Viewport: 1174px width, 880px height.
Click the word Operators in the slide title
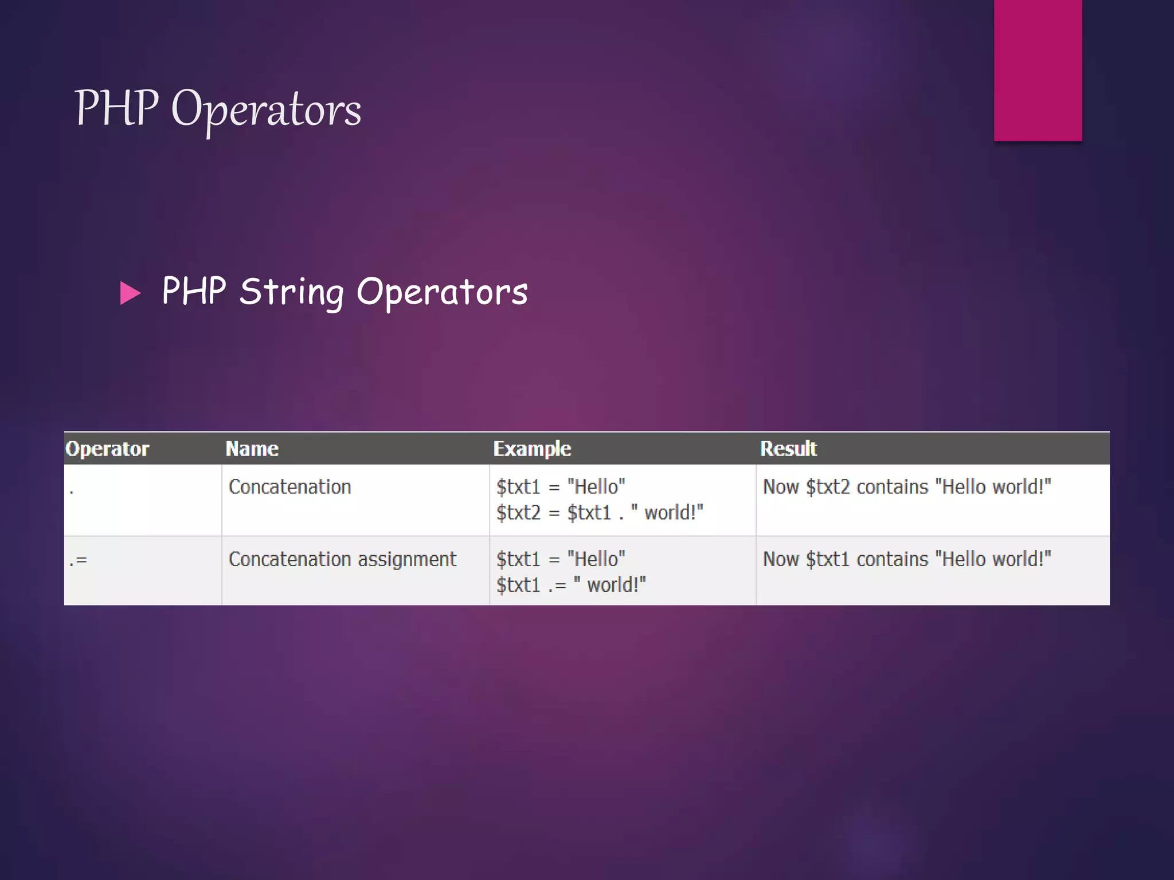click(266, 110)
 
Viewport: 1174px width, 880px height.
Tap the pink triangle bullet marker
click(130, 293)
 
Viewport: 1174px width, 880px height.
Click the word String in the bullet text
click(292, 292)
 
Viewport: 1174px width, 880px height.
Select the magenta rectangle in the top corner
click(1038, 70)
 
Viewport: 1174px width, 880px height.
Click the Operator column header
click(107, 449)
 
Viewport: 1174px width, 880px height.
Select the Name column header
click(252, 449)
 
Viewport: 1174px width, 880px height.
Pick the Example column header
click(532, 449)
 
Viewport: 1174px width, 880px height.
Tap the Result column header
click(788, 449)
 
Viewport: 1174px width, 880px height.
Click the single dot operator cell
click(72, 491)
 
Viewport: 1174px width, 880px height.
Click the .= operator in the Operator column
click(78, 560)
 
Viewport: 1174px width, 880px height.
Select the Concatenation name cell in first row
click(289, 487)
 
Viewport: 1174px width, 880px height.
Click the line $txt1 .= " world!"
click(571, 585)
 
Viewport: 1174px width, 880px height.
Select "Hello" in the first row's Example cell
click(596, 487)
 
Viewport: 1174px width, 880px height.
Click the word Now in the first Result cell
click(781, 487)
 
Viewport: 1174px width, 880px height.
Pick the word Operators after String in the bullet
click(442, 292)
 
